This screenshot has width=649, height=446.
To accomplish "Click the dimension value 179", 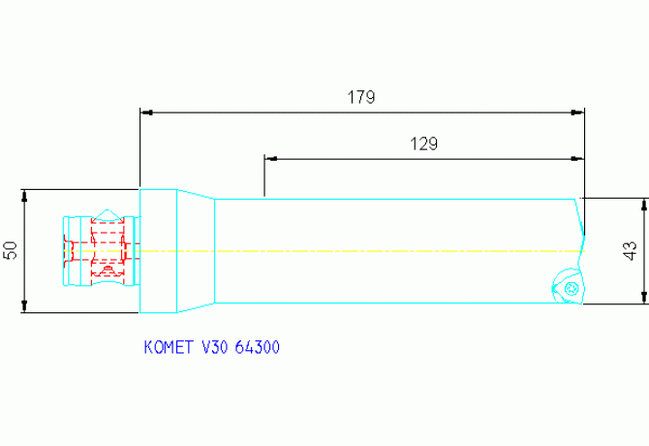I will click(x=360, y=97).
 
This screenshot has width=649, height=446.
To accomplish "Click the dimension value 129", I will click(x=424, y=143).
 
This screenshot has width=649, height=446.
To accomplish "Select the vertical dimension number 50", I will click(x=11, y=250).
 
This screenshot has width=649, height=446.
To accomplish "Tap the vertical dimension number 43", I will click(x=631, y=251).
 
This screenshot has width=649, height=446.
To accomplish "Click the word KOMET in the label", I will click(x=167, y=346).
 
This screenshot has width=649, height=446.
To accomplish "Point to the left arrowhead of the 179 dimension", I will click(x=146, y=112).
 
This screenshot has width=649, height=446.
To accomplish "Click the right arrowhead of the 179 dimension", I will click(x=578, y=112).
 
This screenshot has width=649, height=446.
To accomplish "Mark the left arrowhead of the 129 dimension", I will click(x=270, y=157).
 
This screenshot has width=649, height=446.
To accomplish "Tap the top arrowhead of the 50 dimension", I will click(x=25, y=194).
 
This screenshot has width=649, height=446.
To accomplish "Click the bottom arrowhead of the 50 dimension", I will click(x=25, y=307).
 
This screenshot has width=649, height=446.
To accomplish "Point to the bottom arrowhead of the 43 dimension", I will click(x=643, y=298).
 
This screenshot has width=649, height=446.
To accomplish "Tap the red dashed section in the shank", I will click(x=107, y=250).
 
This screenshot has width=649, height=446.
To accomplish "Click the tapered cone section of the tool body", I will click(x=194, y=251).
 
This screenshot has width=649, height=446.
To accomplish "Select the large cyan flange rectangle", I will click(x=157, y=251).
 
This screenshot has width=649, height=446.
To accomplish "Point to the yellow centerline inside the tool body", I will click(x=387, y=252).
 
